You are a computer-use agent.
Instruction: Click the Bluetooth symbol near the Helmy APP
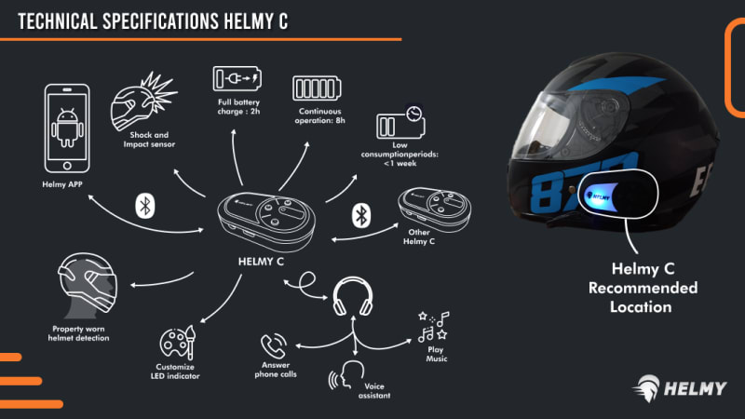[144, 205]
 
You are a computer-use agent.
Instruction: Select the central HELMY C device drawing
[266, 219]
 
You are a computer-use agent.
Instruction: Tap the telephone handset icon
[274, 345]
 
